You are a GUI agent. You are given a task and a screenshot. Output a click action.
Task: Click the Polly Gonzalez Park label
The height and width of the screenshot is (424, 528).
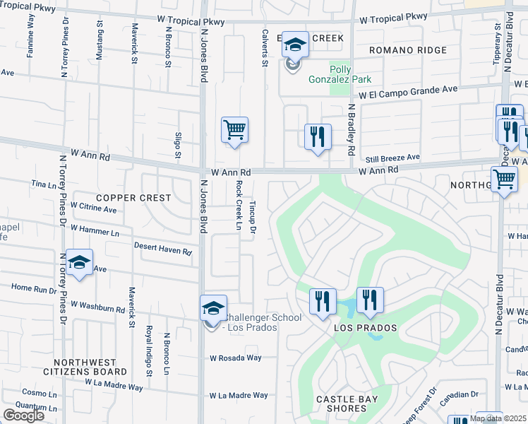pos(340,73)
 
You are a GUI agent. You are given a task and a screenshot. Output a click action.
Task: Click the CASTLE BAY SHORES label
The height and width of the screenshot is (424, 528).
pos(346,404)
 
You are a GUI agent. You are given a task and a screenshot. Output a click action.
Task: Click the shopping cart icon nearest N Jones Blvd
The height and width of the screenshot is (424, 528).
pos(234,130)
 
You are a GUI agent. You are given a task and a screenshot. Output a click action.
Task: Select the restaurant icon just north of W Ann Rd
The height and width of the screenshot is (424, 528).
pos(318,136)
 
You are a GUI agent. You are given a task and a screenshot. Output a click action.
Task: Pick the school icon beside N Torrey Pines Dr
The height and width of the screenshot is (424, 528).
pos(80,264)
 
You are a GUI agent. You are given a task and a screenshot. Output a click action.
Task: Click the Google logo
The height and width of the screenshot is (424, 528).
pos(23,416)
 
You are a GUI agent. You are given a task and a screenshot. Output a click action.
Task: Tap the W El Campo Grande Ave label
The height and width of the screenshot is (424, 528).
pos(408,90)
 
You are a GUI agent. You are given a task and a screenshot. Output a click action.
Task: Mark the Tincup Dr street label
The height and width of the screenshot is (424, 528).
pos(252,216)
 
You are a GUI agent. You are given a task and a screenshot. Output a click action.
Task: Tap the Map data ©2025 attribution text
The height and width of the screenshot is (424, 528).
pos(498,418)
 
